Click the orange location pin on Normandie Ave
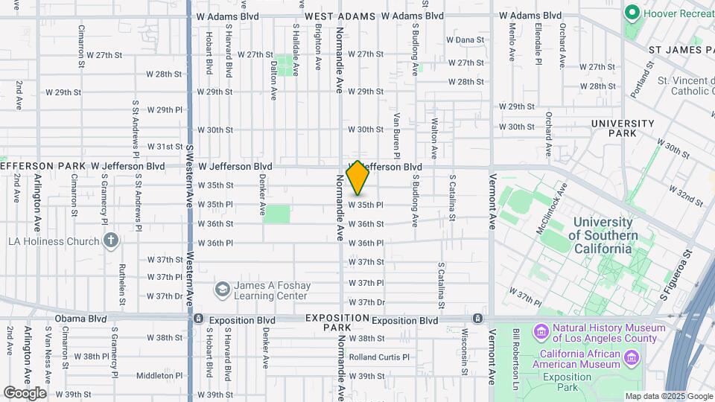click(x=358, y=178)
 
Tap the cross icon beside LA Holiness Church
click(x=111, y=240)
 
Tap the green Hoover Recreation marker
click(x=632, y=13)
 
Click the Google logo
click(x=25, y=393)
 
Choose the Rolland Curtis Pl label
click(x=379, y=357)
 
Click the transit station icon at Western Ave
click(x=199, y=319)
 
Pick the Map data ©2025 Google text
click(x=667, y=396)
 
